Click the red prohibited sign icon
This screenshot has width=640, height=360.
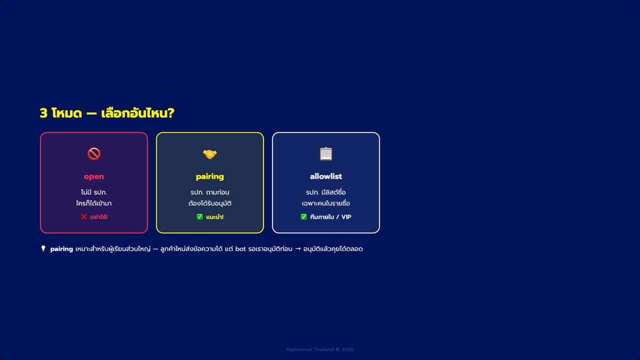pos(94,154)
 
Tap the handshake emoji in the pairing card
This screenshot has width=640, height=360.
pos(210,154)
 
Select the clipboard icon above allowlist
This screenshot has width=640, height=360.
pos(326,154)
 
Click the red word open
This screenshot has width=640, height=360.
pos(94,177)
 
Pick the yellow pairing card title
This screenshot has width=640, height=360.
pos(210,177)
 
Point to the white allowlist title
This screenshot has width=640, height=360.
pos(326,177)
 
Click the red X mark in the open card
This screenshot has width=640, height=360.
pos(84,217)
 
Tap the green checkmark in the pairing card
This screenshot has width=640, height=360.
pos(199,217)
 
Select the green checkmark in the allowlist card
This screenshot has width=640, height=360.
pos(303,217)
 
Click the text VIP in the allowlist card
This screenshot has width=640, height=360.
pos(346,217)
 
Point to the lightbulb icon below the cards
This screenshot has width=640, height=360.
pos(43,249)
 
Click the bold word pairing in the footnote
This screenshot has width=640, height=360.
pos(61,249)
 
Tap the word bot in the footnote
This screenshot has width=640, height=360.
pos(241,249)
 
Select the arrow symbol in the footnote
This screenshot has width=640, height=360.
pos(298,249)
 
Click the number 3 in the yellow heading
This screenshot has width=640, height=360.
pos(43,113)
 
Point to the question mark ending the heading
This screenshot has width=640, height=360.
pos(171,113)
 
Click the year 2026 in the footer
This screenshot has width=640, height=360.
pos(347,349)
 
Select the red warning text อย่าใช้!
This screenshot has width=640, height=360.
pos(99,217)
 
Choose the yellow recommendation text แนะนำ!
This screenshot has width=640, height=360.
pos(214,217)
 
